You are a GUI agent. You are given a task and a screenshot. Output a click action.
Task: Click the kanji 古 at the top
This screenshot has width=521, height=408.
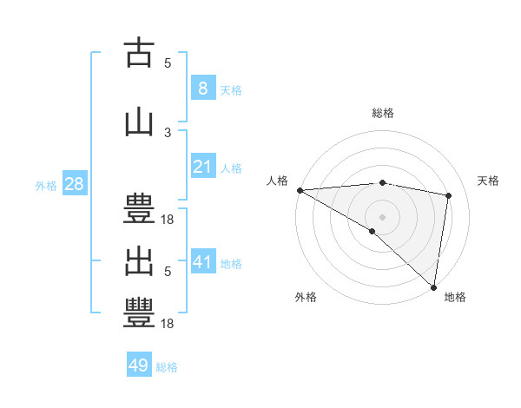pyautogui.click(x=138, y=53)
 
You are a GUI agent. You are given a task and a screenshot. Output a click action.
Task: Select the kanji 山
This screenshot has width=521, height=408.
pyautogui.click(x=138, y=122)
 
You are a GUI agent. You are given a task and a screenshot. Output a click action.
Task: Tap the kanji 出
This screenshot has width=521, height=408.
pyautogui.click(x=138, y=261)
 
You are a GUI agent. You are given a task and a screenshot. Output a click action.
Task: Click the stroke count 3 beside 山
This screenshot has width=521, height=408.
pyautogui.click(x=168, y=132)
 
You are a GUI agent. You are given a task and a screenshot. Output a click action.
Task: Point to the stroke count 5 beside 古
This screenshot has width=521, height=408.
pyautogui.click(x=168, y=63)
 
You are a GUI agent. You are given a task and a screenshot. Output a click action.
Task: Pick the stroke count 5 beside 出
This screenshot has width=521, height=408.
pyautogui.click(x=168, y=271)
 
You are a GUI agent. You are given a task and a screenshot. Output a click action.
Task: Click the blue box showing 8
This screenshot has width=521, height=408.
pyautogui.click(x=202, y=88)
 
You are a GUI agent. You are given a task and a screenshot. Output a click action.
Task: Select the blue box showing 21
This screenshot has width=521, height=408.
pyautogui.click(x=202, y=167)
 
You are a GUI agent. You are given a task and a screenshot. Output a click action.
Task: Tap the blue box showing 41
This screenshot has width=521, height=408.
pyautogui.click(x=202, y=262)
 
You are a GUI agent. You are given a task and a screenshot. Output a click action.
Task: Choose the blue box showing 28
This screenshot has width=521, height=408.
pyautogui.click(x=73, y=184)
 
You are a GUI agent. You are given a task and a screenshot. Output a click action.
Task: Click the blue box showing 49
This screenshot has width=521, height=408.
pyautogui.click(x=139, y=365)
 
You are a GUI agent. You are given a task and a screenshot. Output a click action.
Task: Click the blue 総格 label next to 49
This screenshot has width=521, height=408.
pyautogui.click(x=167, y=367)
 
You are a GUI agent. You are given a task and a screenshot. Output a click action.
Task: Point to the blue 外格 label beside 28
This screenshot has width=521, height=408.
pyautogui.click(x=46, y=185)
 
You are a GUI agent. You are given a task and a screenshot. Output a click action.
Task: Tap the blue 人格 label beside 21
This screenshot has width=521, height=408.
pyautogui.click(x=231, y=168)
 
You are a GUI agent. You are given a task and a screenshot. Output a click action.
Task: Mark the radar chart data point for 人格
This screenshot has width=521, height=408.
pyautogui.click(x=300, y=190)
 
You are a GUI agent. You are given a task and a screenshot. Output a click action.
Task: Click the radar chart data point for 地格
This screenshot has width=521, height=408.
pyautogui.click(x=433, y=286)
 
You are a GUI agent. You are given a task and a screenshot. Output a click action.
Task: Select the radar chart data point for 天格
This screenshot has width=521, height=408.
pyautogui.click(x=448, y=195)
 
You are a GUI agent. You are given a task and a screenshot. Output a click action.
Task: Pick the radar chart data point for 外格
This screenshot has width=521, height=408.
pyautogui.click(x=372, y=231)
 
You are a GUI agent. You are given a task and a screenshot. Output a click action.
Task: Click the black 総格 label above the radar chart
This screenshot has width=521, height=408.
pyautogui.click(x=382, y=113)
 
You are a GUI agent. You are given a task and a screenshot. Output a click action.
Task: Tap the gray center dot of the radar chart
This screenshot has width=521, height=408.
pyautogui.click(x=382, y=215)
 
